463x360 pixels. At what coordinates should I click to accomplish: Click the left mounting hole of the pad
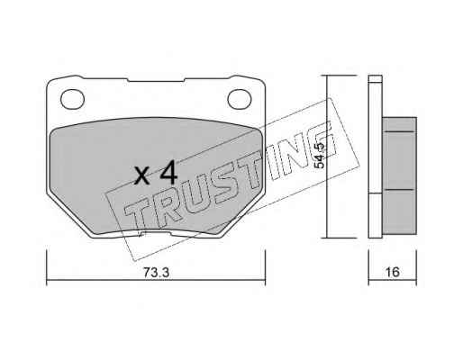(x=72, y=99)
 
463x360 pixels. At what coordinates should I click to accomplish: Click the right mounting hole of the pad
(x=240, y=99)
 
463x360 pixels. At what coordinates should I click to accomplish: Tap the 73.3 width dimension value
(x=156, y=273)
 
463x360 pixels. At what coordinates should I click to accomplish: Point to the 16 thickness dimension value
(x=392, y=272)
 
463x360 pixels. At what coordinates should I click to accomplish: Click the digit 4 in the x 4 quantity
(x=168, y=172)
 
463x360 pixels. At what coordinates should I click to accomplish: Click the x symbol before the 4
(x=142, y=175)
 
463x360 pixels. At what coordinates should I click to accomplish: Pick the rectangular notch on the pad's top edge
(x=156, y=80)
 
